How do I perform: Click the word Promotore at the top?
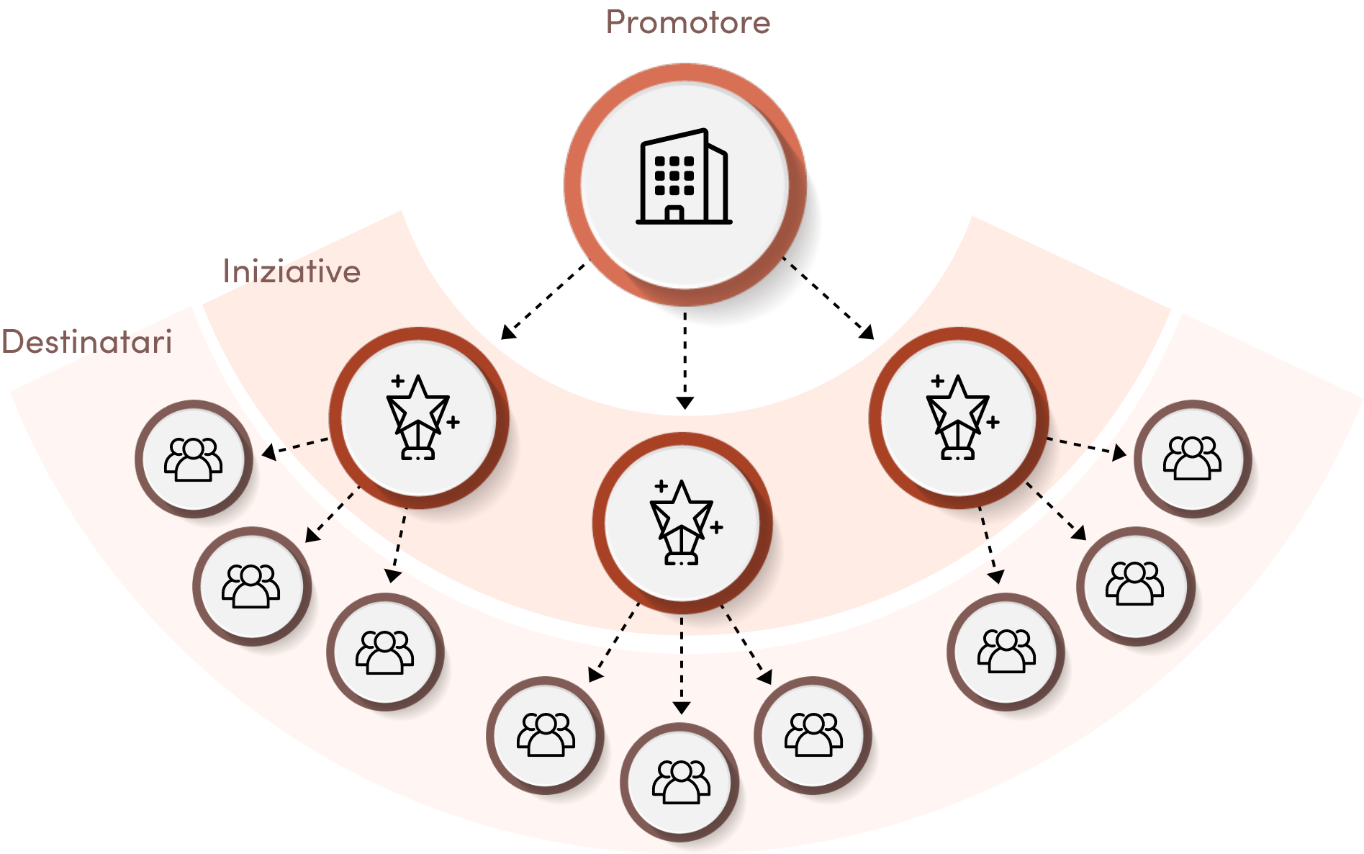coord(687,22)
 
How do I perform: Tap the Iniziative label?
coord(292,271)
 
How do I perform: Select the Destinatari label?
coord(86,341)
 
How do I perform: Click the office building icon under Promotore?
coord(683,179)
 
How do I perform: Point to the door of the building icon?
coord(674,214)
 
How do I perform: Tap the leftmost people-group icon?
coord(194,459)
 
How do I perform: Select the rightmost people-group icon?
coord(1192,458)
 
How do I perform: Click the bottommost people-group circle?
coord(681,782)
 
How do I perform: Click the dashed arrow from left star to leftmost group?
coord(295,446)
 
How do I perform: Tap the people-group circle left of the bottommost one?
coord(546,734)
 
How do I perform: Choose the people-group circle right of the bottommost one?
coord(813,734)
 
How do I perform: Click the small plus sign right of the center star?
coord(716,528)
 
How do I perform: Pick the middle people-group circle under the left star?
coord(250,585)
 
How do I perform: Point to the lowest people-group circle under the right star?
coord(1006,651)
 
